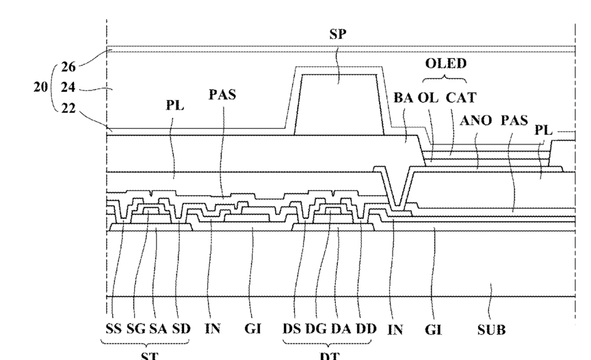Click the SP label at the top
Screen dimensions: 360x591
pyautogui.click(x=337, y=34)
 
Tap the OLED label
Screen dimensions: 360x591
pyautogui.click(x=445, y=64)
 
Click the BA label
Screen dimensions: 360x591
pyautogui.click(x=403, y=98)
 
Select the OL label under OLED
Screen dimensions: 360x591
pyautogui.click(x=428, y=98)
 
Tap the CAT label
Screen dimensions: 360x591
pyautogui.click(x=462, y=98)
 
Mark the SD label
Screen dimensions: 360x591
pyautogui.click(x=181, y=329)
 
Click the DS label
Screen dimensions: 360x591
pyautogui.click(x=292, y=329)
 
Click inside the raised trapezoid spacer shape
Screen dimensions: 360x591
pyautogui.click(x=338, y=103)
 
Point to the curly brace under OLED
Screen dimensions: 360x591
pyautogui.click(x=445, y=77)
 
